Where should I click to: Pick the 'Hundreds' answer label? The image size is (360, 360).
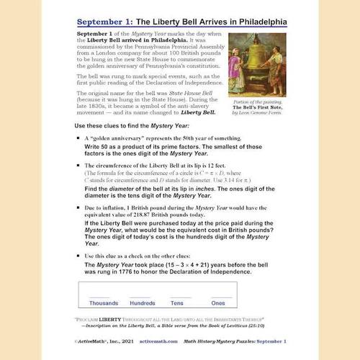[x=141, y=302]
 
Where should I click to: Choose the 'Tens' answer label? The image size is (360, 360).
[x=177, y=302]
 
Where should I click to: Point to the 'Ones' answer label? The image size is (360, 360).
[x=218, y=302]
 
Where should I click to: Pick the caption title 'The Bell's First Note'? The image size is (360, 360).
[x=262, y=107]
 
